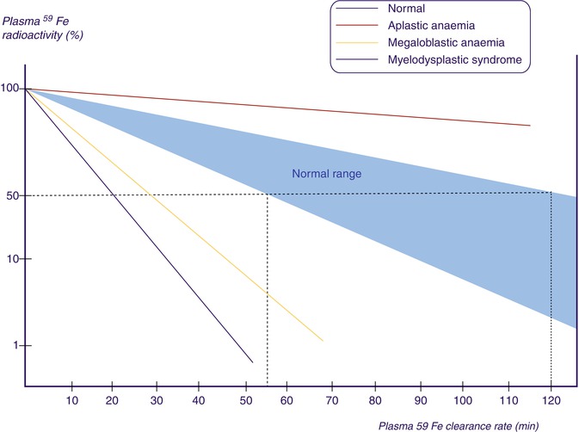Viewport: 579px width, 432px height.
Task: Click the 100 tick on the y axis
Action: point(11,89)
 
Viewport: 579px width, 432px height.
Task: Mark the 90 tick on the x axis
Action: point(421,399)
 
